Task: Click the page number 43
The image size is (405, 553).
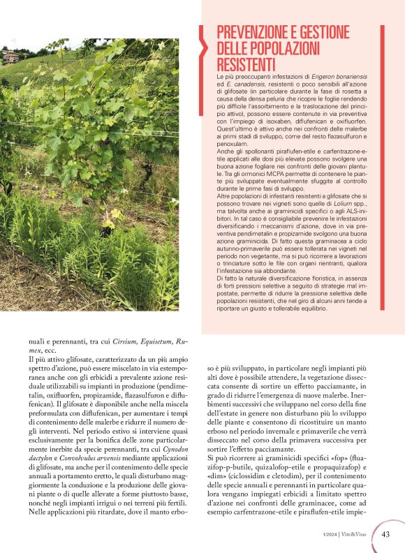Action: tap(385, 535)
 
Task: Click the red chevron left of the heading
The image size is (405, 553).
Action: tap(205, 45)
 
